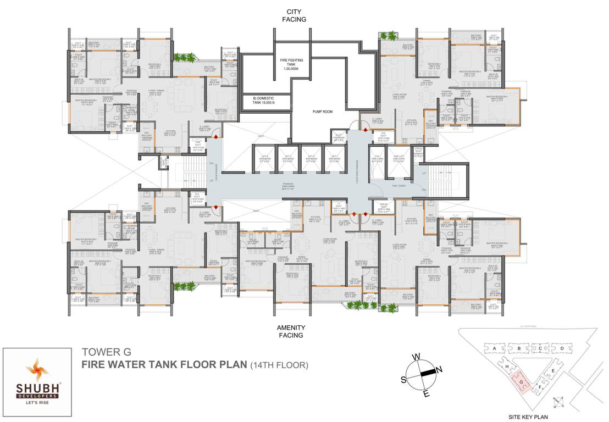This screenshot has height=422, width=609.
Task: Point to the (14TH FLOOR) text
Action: point(279,364)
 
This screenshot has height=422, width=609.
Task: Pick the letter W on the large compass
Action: point(417,357)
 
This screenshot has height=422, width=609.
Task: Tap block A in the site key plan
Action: point(495,348)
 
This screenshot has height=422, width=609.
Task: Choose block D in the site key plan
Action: point(561,348)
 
